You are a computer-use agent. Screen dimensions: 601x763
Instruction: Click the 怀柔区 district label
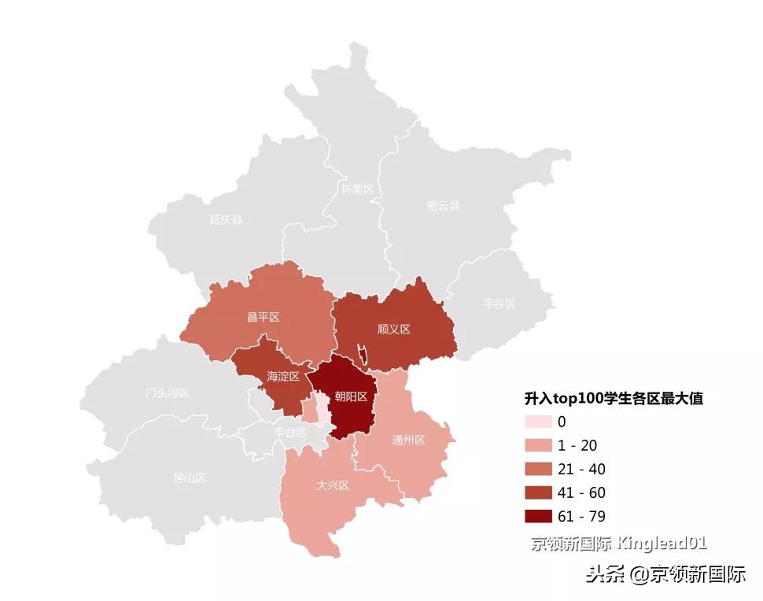(x=357, y=190)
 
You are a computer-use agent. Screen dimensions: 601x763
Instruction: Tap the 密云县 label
(x=443, y=206)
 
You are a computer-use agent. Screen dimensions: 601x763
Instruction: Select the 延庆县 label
(x=226, y=219)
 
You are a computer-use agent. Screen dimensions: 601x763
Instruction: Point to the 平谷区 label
(x=499, y=304)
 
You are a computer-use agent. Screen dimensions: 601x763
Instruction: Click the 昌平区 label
(x=264, y=317)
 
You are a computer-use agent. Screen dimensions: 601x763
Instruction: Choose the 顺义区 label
(x=394, y=329)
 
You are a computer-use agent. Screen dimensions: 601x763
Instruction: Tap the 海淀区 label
(x=283, y=377)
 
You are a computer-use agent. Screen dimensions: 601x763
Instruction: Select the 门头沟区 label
(x=168, y=393)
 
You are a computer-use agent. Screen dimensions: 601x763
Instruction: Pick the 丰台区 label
(x=289, y=432)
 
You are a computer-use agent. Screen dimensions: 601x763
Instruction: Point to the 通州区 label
(x=408, y=440)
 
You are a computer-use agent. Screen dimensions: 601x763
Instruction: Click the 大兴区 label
(x=332, y=485)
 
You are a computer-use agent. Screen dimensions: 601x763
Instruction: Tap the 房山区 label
(x=189, y=477)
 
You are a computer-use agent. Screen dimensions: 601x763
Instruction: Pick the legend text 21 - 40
(x=581, y=469)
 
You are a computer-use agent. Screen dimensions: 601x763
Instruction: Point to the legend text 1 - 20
(x=577, y=445)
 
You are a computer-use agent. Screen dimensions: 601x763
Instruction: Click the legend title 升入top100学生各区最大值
(x=614, y=399)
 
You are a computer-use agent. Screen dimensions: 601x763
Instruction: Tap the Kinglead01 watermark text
(x=662, y=543)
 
